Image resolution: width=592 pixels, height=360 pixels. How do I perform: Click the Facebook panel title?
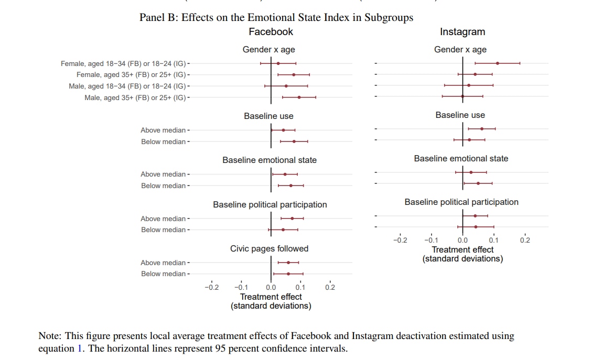tap(271, 32)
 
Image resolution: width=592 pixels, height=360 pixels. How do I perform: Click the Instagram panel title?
tap(462, 32)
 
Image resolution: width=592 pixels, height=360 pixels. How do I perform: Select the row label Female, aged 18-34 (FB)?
tap(124, 63)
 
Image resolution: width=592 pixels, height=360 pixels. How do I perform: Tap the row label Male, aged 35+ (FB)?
tap(136, 97)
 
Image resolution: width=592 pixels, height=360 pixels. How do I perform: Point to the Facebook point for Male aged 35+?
tap(299, 97)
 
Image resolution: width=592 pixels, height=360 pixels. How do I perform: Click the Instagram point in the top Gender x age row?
tap(497, 63)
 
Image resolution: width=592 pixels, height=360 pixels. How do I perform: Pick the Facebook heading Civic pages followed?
tap(269, 248)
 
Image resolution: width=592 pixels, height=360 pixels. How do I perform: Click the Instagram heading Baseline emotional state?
tap(461, 158)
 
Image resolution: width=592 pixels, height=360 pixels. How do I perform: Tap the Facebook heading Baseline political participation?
tap(270, 204)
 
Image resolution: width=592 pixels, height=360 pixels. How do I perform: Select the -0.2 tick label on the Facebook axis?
tap(211, 287)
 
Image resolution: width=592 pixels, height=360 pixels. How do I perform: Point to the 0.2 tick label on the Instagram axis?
tap(525, 241)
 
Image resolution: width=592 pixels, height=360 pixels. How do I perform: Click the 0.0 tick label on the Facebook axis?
tap(271, 287)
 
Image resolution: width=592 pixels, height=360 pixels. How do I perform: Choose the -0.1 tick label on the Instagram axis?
tap(430, 241)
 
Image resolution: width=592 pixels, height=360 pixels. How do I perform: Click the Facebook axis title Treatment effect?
tap(271, 297)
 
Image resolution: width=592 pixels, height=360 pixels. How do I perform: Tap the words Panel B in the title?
tap(157, 17)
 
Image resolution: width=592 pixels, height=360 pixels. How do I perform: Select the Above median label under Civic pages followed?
tap(163, 263)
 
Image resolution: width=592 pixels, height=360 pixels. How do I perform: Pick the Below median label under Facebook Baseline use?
tap(163, 141)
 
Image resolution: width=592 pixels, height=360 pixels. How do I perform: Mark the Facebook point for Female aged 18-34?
tap(278, 63)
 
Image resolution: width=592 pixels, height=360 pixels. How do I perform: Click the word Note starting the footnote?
tap(50, 336)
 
